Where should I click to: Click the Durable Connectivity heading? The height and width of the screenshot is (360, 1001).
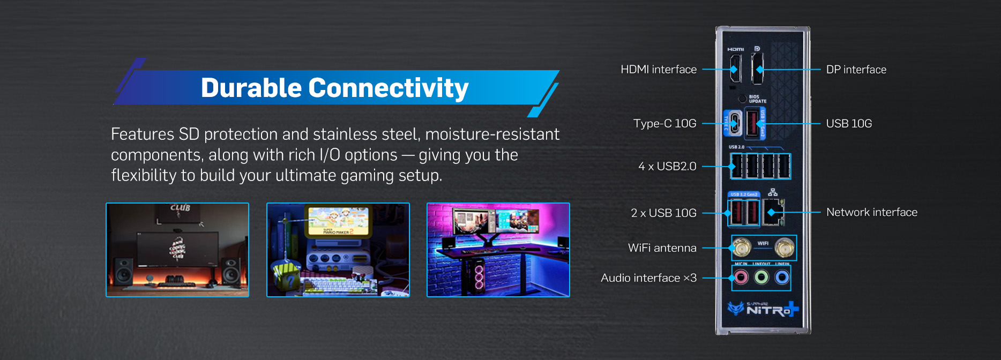point(334,88)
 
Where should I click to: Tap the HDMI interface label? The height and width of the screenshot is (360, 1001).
point(658,70)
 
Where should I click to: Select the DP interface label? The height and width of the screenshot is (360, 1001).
point(856,70)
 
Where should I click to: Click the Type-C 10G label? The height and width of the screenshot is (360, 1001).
point(664,124)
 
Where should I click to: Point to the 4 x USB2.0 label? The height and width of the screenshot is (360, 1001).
point(667,167)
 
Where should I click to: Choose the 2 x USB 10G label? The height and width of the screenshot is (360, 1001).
point(663,213)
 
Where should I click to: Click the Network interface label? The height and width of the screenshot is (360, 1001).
point(871,212)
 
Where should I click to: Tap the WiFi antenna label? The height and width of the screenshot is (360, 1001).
point(662,248)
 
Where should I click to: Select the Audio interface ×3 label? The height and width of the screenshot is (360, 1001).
point(648,278)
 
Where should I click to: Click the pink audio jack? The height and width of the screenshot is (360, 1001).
point(741,277)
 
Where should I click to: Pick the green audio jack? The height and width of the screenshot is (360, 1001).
point(761,277)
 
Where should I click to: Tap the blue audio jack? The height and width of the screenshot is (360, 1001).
point(782,277)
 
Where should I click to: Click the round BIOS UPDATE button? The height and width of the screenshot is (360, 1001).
point(742,99)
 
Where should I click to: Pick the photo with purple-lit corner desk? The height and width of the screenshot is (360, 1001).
point(498,250)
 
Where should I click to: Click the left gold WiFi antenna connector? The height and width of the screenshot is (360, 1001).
point(742,247)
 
